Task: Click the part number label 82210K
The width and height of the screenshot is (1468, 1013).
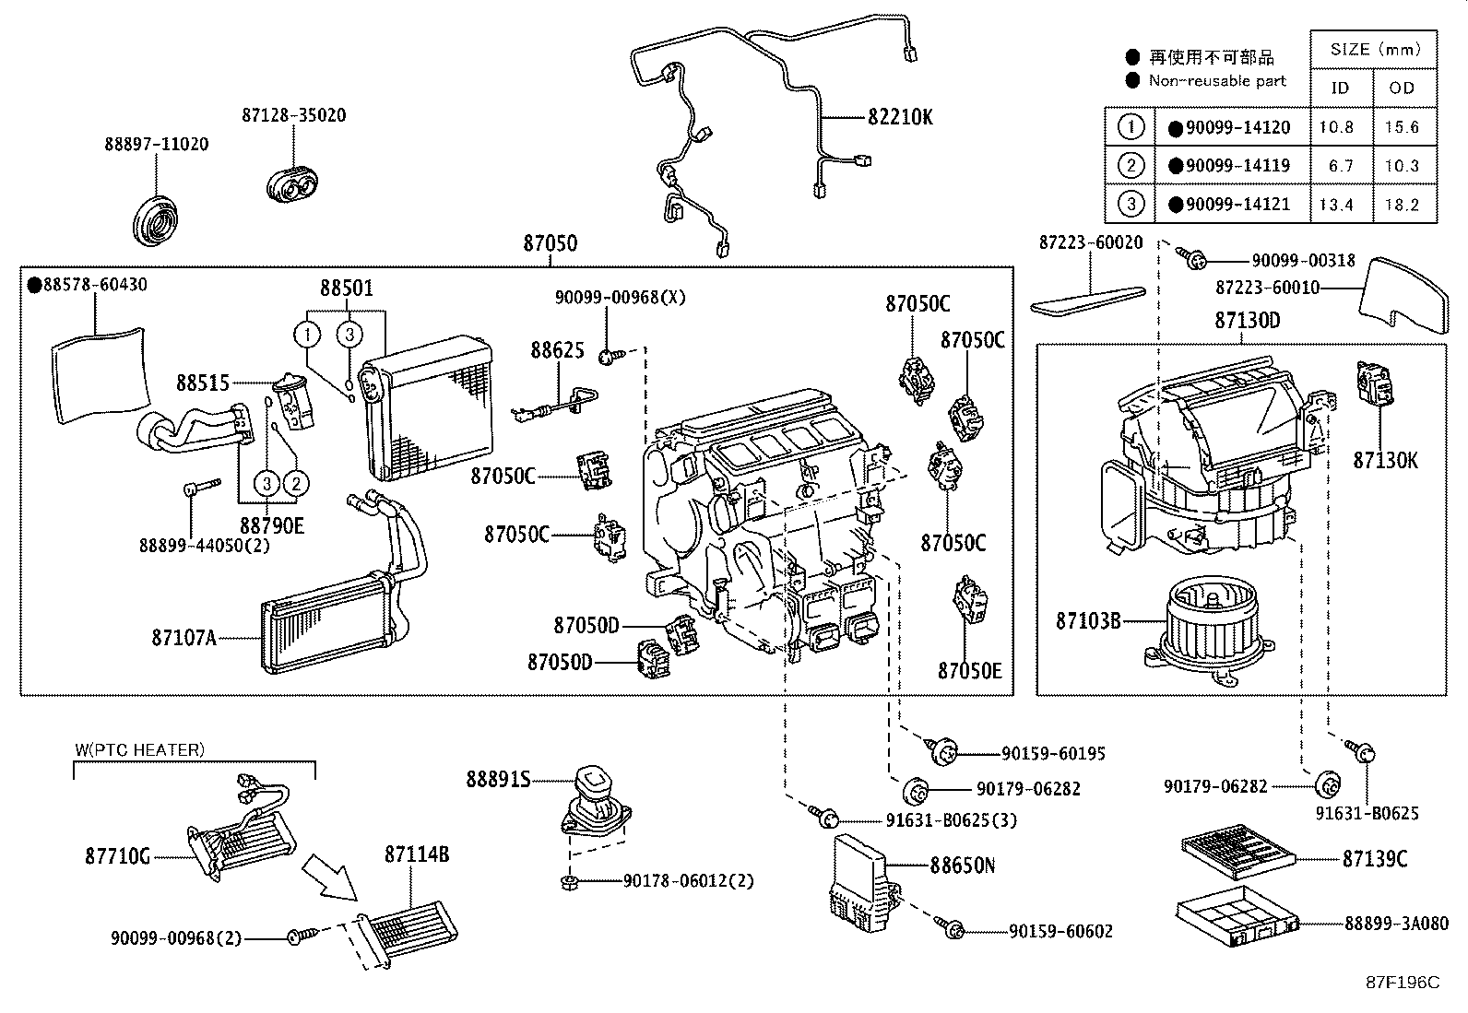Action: point(900,117)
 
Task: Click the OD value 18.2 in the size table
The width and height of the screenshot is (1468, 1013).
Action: point(1401,205)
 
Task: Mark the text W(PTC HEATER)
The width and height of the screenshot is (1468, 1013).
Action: point(139,749)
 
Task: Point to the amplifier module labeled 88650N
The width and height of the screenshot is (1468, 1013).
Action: point(859,880)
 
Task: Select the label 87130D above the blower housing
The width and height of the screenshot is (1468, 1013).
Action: point(1247,321)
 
